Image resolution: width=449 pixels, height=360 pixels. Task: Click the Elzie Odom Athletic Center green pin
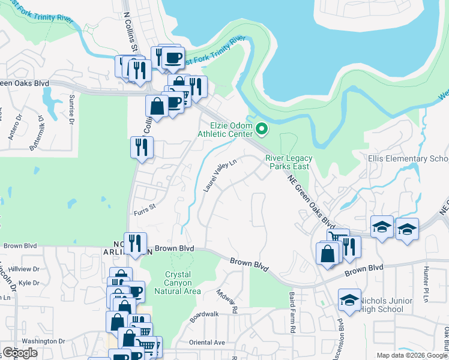pos(261,128)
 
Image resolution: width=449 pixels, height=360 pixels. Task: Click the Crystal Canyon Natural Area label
pos(178,283)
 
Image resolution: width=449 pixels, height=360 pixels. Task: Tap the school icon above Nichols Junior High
pos(349,299)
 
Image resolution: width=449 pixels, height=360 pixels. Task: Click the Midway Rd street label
pos(228,302)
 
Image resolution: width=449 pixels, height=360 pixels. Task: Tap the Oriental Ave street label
pos(207,343)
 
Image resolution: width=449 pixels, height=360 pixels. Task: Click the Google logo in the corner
pos(20,353)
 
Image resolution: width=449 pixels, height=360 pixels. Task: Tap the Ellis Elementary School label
pos(408,159)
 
